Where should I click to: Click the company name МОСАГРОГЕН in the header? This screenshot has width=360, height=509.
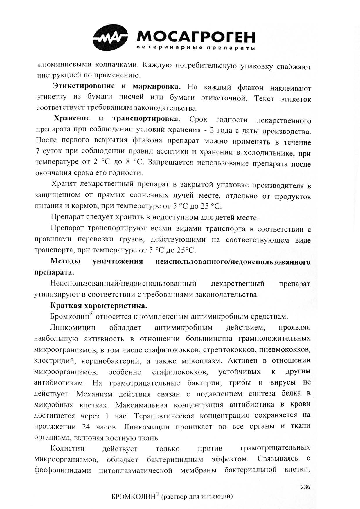click(x=196, y=37)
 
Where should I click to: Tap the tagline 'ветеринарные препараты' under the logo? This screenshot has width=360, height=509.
click(x=196, y=48)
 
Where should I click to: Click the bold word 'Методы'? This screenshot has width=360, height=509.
click(x=65, y=261)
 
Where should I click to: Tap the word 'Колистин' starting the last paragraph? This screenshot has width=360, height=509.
click(x=67, y=448)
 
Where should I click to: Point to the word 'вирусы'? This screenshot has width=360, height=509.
click(x=283, y=382)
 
